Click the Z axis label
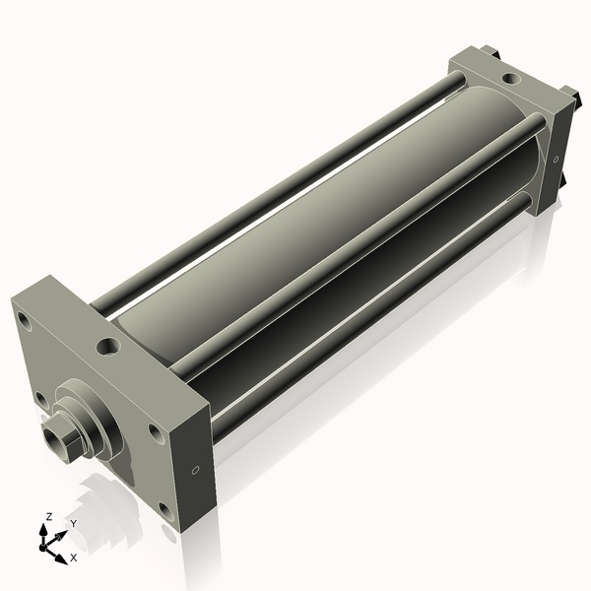48,516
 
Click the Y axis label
74,524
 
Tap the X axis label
74,558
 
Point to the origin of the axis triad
43,547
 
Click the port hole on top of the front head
108,347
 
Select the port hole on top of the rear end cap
511,79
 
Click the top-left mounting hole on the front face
24,321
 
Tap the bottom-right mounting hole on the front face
166,511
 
